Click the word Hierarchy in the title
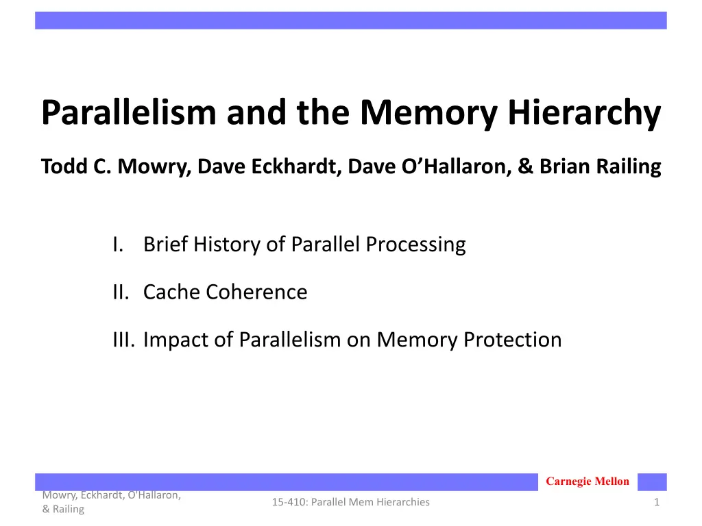[x=584, y=114]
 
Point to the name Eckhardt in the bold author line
[x=293, y=166]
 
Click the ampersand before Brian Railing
[x=526, y=166]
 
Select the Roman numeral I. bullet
[x=118, y=245]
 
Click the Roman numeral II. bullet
[x=121, y=292]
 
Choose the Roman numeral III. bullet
[x=124, y=340]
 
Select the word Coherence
[x=256, y=292]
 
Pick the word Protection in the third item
[x=512, y=340]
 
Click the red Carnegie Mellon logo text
[x=588, y=481]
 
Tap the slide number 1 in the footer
[x=657, y=502]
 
